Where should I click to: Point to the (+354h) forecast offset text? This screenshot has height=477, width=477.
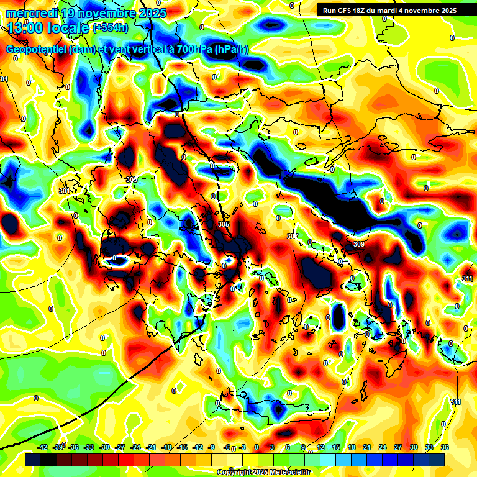click(110, 27)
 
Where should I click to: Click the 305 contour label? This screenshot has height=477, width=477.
click(224, 224)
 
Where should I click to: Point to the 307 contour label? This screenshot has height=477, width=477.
click(293, 236)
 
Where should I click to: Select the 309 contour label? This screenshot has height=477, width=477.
click(358, 244)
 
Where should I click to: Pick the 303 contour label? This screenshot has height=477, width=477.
click(131, 179)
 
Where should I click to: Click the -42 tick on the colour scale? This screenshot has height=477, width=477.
click(43, 447)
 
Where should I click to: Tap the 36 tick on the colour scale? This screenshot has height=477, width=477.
click(444, 447)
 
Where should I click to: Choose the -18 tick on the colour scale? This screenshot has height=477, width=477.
click(166, 447)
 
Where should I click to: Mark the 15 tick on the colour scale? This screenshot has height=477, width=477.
click(336, 447)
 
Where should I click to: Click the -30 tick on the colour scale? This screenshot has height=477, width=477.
click(104, 447)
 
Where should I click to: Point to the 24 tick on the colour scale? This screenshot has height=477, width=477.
click(383, 447)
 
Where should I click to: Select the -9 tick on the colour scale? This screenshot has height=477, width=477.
click(212, 447)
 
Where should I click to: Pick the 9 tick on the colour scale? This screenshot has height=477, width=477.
click(303, 447)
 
